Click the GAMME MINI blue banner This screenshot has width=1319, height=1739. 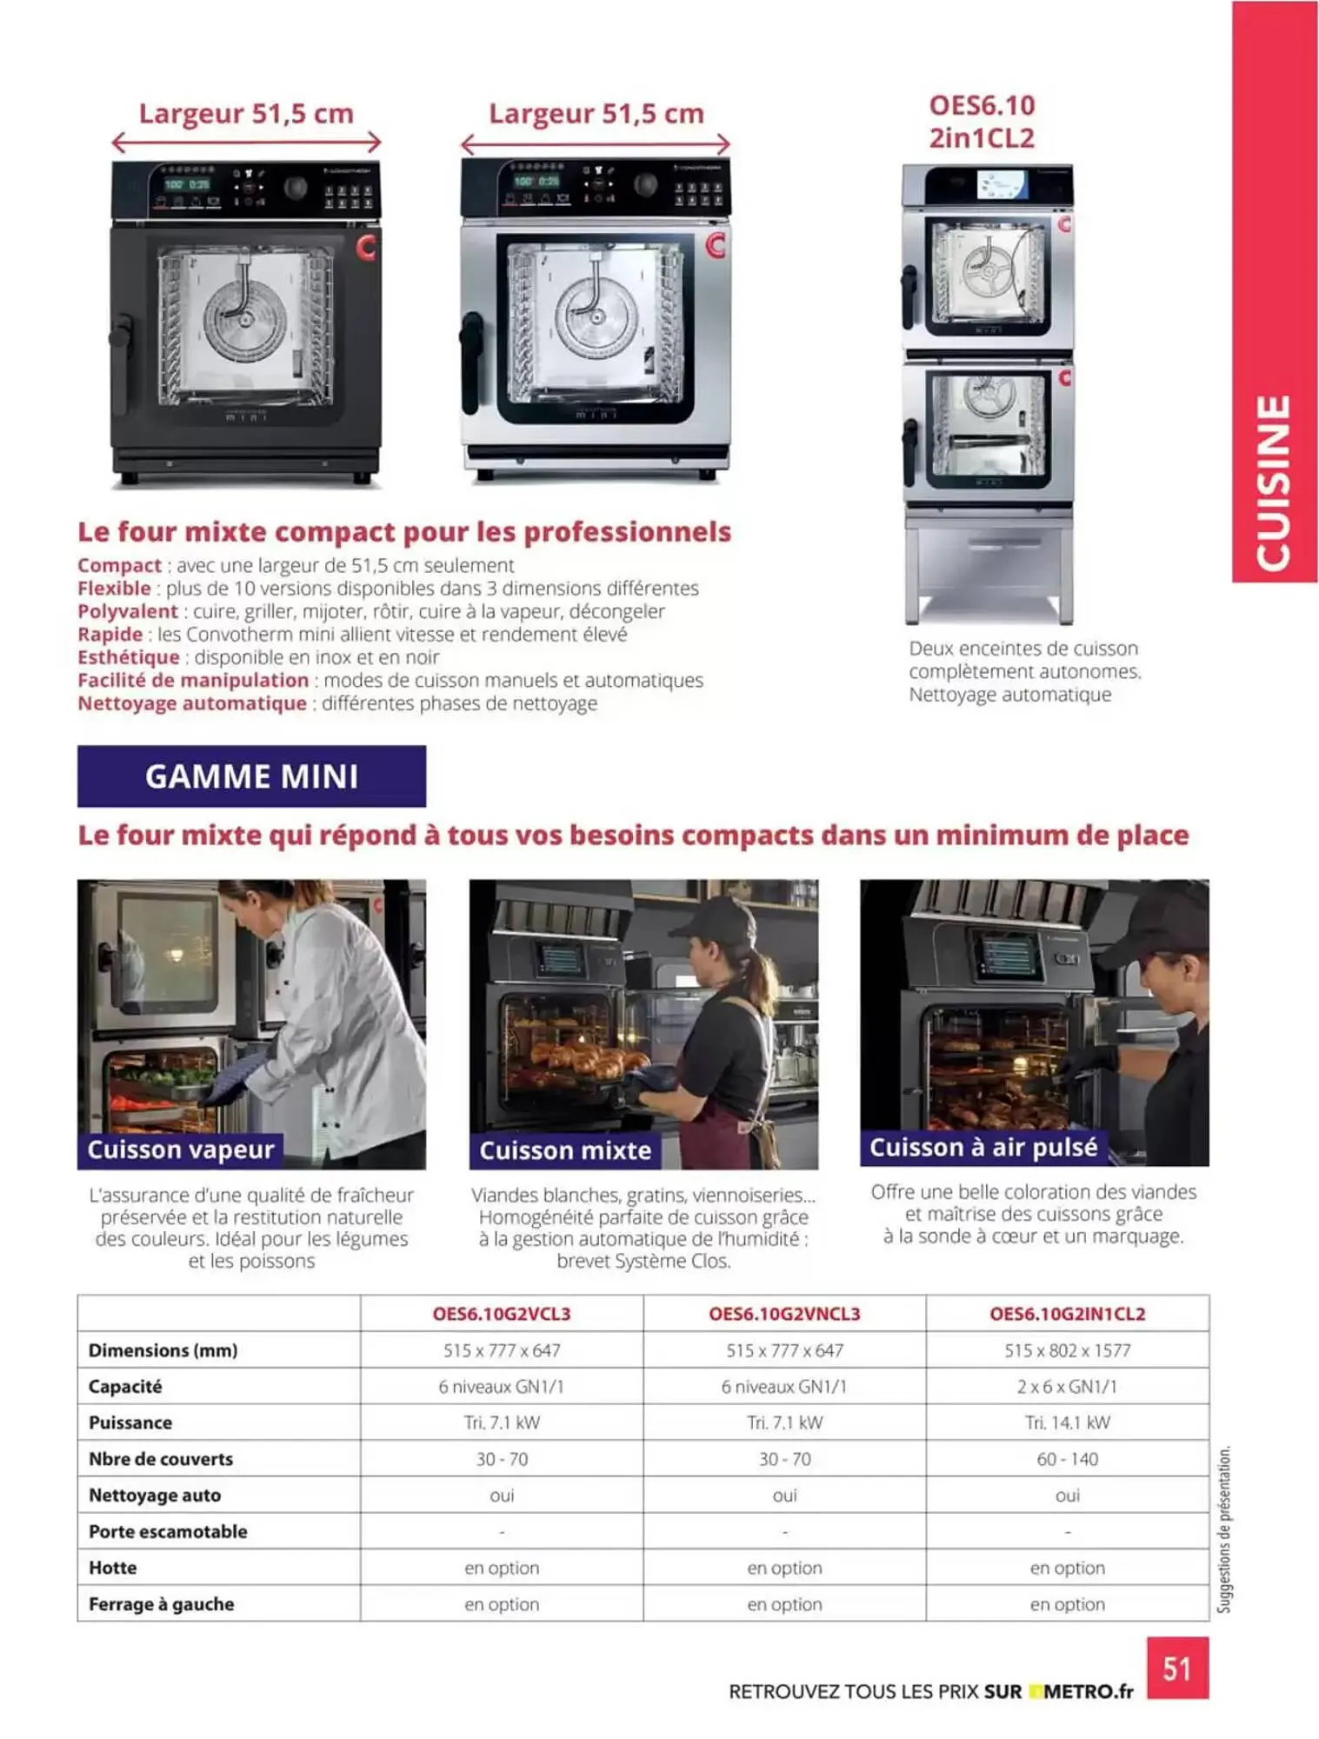tap(251, 776)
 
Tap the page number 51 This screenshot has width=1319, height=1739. tap(1176, 1668)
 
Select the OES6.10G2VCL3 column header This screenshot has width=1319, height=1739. tap(502, 1313)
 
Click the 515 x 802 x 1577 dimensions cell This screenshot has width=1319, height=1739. tap(1067, 1350)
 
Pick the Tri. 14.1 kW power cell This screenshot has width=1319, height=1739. tap(1067, 1423)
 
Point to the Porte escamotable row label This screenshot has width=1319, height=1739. tap(168, 1531)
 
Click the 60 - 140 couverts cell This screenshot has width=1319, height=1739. tap(1067, 1459)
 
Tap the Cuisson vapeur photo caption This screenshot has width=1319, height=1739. tap(181, 1149)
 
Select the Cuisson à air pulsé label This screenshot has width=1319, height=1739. tap(983, 1147)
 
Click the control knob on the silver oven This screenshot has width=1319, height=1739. tap(645, 183)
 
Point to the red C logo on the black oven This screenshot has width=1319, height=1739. tap(366, 248)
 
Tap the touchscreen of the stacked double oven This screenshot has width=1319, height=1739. tap(1002, 184)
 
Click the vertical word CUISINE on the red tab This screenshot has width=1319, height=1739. tap(1274, 483)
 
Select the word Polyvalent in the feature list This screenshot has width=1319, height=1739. tap(128, 611)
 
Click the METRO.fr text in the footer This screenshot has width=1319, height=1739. tap(1088, 1691)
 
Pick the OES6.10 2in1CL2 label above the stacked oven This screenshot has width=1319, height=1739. tap(982, 122)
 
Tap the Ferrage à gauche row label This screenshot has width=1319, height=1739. tap(161, 1604)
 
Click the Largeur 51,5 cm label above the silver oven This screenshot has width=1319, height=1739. tap(596, 113)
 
